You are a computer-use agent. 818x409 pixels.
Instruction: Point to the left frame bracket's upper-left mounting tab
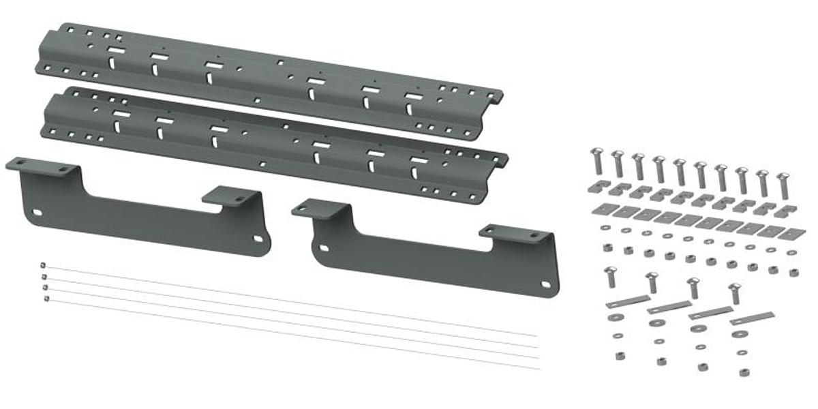41,166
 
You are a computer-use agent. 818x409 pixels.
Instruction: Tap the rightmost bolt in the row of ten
783,184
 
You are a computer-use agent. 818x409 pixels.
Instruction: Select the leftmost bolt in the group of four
610,276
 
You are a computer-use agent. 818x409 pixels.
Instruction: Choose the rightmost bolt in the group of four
735,293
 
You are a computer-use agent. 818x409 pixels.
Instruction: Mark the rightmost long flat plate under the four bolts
752,318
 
